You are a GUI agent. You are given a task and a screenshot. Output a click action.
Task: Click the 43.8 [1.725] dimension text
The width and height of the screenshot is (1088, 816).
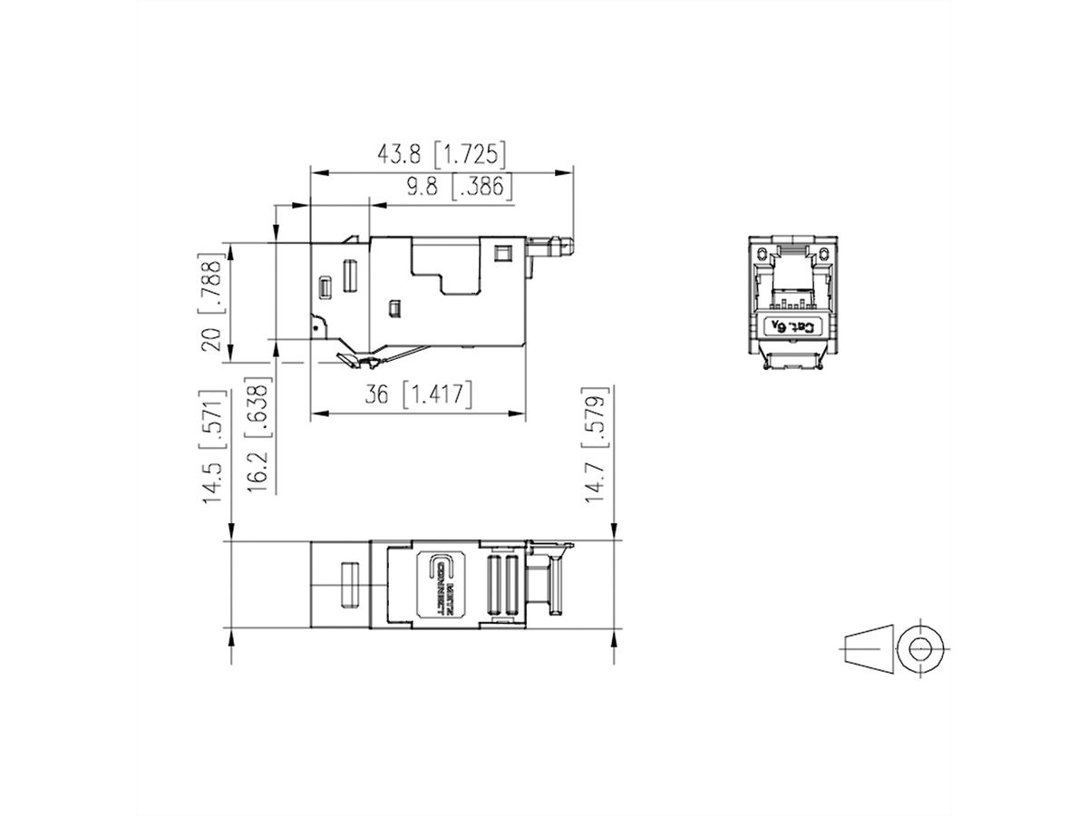click(x=442, y=153)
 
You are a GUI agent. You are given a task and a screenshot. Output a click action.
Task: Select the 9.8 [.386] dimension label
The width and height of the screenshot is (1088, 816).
click(x=459, y=187)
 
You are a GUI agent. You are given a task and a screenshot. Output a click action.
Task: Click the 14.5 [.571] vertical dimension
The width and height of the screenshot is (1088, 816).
click(x=211, y=448)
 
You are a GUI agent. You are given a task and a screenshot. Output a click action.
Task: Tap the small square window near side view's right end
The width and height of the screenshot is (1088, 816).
click(x=500, y=251)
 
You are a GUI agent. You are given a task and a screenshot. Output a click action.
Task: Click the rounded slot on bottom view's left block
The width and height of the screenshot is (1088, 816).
click(x=345, y=585)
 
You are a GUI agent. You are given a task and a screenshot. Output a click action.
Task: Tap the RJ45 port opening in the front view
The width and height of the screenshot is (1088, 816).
click(x=790, y=276)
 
